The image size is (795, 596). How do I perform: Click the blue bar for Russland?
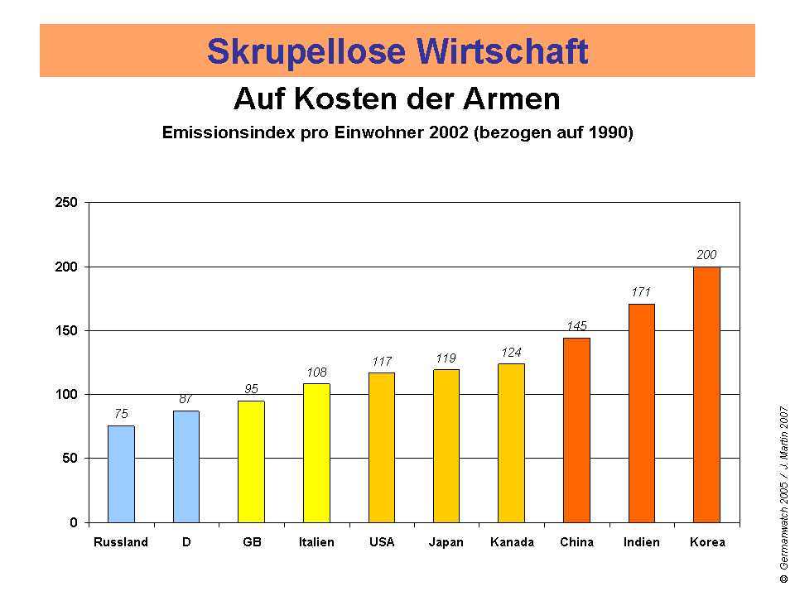point(121,473)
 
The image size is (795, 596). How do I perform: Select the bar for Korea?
point(706,394)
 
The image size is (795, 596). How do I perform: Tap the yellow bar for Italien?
point(316,453)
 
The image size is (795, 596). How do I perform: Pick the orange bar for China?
point(576,430)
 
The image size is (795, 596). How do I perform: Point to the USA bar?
point(382,447)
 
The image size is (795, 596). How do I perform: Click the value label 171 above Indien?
point(641,292)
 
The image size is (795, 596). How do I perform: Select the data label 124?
point(511,353)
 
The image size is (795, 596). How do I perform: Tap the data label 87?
point(185,399)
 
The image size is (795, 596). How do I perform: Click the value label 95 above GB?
point(251,389)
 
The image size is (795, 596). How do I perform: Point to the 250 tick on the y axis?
point(67,203)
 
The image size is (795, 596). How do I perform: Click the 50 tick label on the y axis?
point(70,459)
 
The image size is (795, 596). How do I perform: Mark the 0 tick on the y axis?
point(74,522)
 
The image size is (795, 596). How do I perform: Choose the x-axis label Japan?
point(446,542)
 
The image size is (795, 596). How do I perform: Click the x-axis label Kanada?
point(512,542)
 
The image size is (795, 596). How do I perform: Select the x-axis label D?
point(185,542)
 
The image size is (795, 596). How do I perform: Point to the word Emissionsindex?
point(230,133)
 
